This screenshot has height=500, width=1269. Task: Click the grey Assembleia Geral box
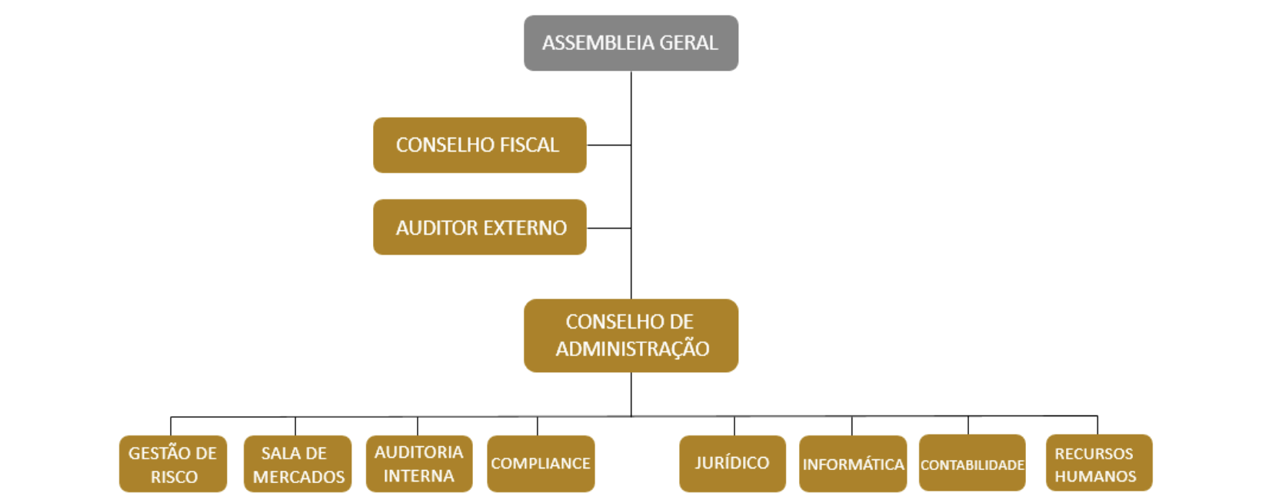631,43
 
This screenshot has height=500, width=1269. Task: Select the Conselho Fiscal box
480,145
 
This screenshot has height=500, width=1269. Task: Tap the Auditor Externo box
480,228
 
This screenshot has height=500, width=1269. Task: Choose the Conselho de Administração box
631,335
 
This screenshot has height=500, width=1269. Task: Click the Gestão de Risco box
173,464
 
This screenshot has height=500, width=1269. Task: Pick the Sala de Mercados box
298,464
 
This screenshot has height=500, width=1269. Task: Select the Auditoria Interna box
418,463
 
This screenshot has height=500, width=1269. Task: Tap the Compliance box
541,464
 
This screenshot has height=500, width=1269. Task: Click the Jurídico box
732,463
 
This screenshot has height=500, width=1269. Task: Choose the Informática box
853,464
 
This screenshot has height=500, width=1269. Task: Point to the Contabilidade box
972,464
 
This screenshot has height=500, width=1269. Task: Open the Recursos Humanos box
1098,464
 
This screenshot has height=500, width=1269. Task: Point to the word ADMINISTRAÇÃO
632,348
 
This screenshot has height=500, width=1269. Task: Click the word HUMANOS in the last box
1095,476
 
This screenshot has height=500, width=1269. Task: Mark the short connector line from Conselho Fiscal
609,145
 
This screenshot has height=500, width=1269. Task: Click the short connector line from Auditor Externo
609,228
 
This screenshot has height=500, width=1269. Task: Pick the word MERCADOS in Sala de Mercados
298,477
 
